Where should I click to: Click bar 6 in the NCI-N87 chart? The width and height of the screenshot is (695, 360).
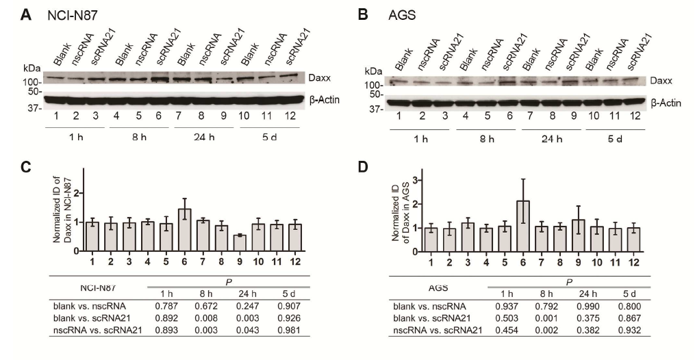[185, 230]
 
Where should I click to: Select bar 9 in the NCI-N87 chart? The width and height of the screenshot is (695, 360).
[240, 243]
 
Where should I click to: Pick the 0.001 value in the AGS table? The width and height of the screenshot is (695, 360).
[542, 318]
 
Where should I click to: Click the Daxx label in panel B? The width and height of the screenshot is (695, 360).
[662, 81]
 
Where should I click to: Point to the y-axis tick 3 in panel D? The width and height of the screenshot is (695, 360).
[396, 181]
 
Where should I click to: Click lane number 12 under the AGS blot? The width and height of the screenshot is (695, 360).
[634, 117]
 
